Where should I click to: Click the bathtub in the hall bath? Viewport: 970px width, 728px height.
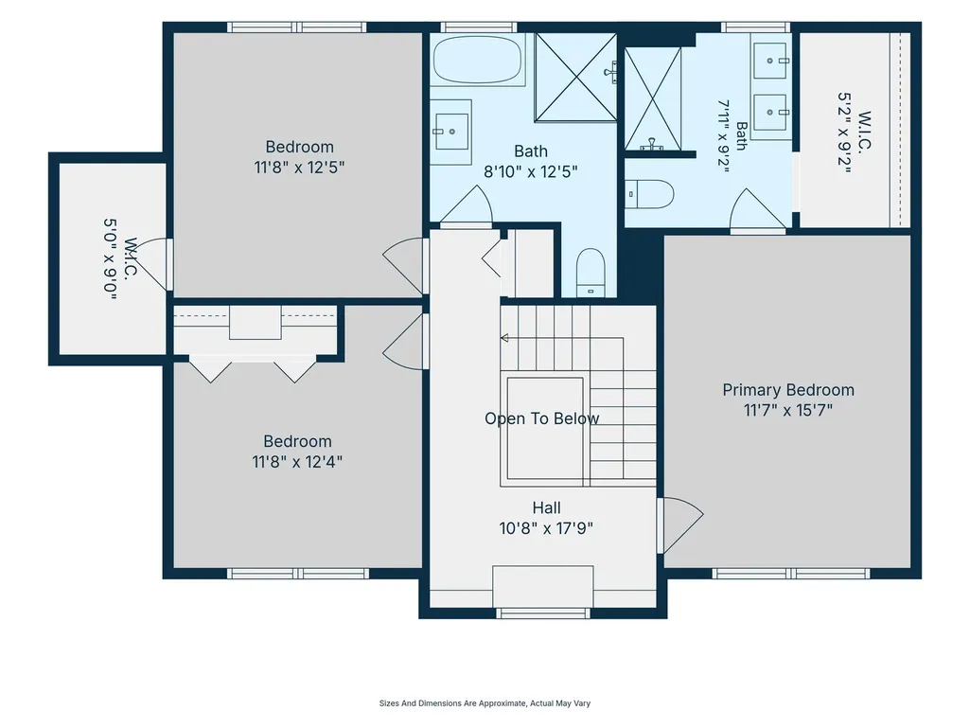click(x=478, y=59)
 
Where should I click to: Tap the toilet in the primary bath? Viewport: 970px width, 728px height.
click(x=648, y=194)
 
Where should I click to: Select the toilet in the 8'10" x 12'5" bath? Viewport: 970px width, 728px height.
click(x=591, y=273)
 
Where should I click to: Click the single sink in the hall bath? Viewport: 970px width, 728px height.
click(x=451, y=132)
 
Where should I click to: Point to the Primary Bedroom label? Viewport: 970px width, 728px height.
click(x=788, y=390)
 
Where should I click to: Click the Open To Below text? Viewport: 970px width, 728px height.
click(x=542, y=418)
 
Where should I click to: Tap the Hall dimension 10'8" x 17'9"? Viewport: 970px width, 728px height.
click(x=546, y=528)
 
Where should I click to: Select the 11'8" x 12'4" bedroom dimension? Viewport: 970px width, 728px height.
click(x=297, y=462)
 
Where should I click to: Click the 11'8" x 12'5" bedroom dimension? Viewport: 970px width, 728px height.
click(x=299, y=168)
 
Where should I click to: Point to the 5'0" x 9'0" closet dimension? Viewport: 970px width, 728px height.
click(x=110, y=259)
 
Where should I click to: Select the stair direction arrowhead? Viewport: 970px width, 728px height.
click(x=504, y=338)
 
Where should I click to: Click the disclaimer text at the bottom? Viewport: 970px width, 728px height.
click(x=485, y=703)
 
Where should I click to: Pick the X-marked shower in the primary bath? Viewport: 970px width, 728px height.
click(x=652, y=99)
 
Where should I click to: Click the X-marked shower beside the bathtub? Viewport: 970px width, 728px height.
click(x=575, y=77)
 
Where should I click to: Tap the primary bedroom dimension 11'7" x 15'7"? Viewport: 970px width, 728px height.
click(x=788, y=410)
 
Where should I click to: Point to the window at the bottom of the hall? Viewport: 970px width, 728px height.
click(x=543, y=613)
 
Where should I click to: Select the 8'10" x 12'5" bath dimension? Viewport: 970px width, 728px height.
click(x=531, y=171)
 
